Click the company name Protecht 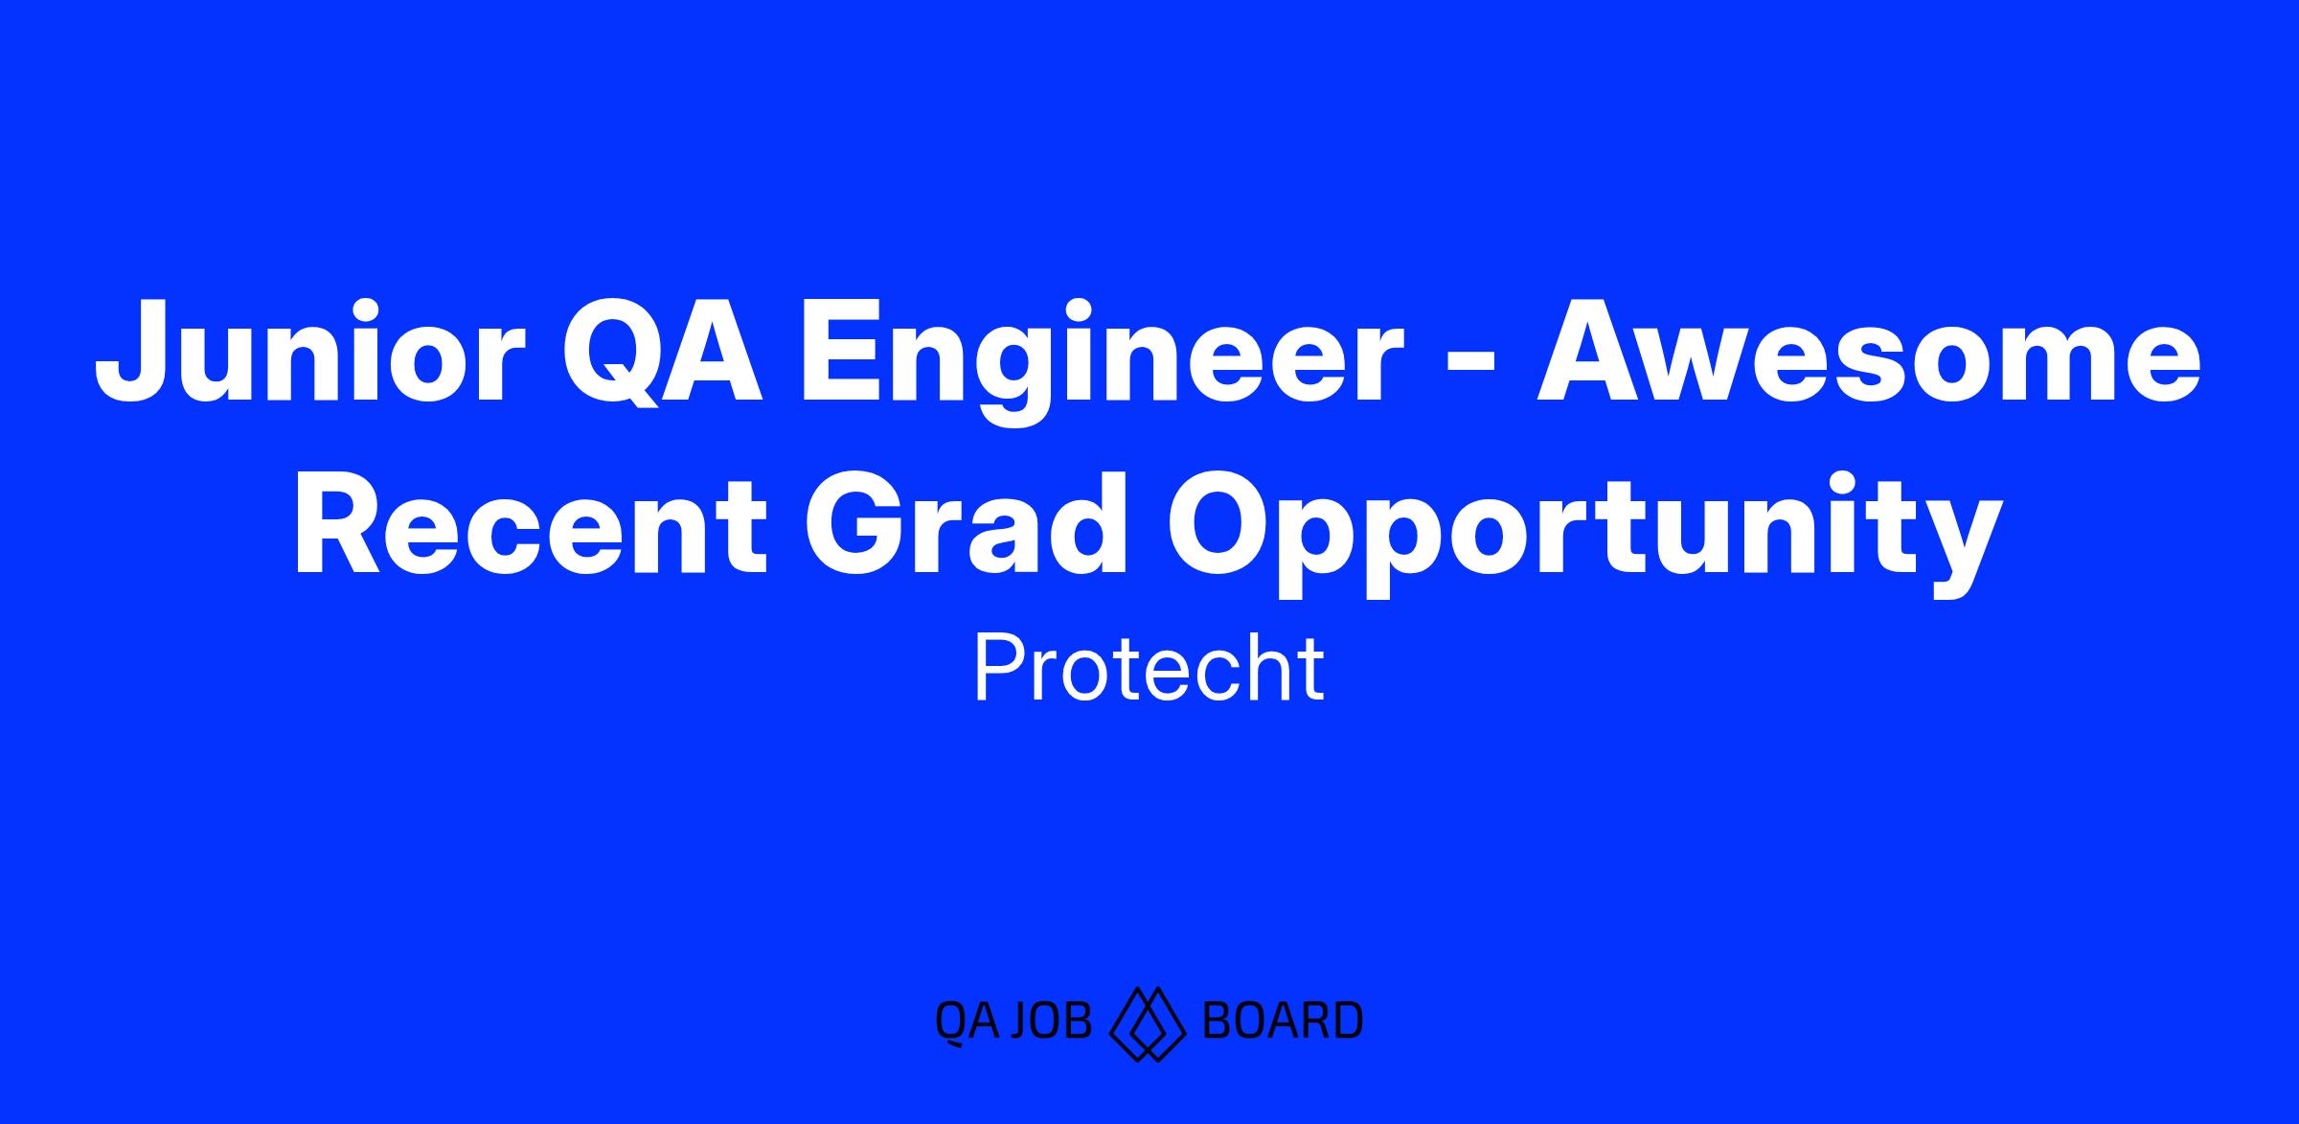point(1149,670)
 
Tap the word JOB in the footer point(1050,1021)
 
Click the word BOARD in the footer point(1282,1021)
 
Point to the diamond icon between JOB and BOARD point(1147,1023)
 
